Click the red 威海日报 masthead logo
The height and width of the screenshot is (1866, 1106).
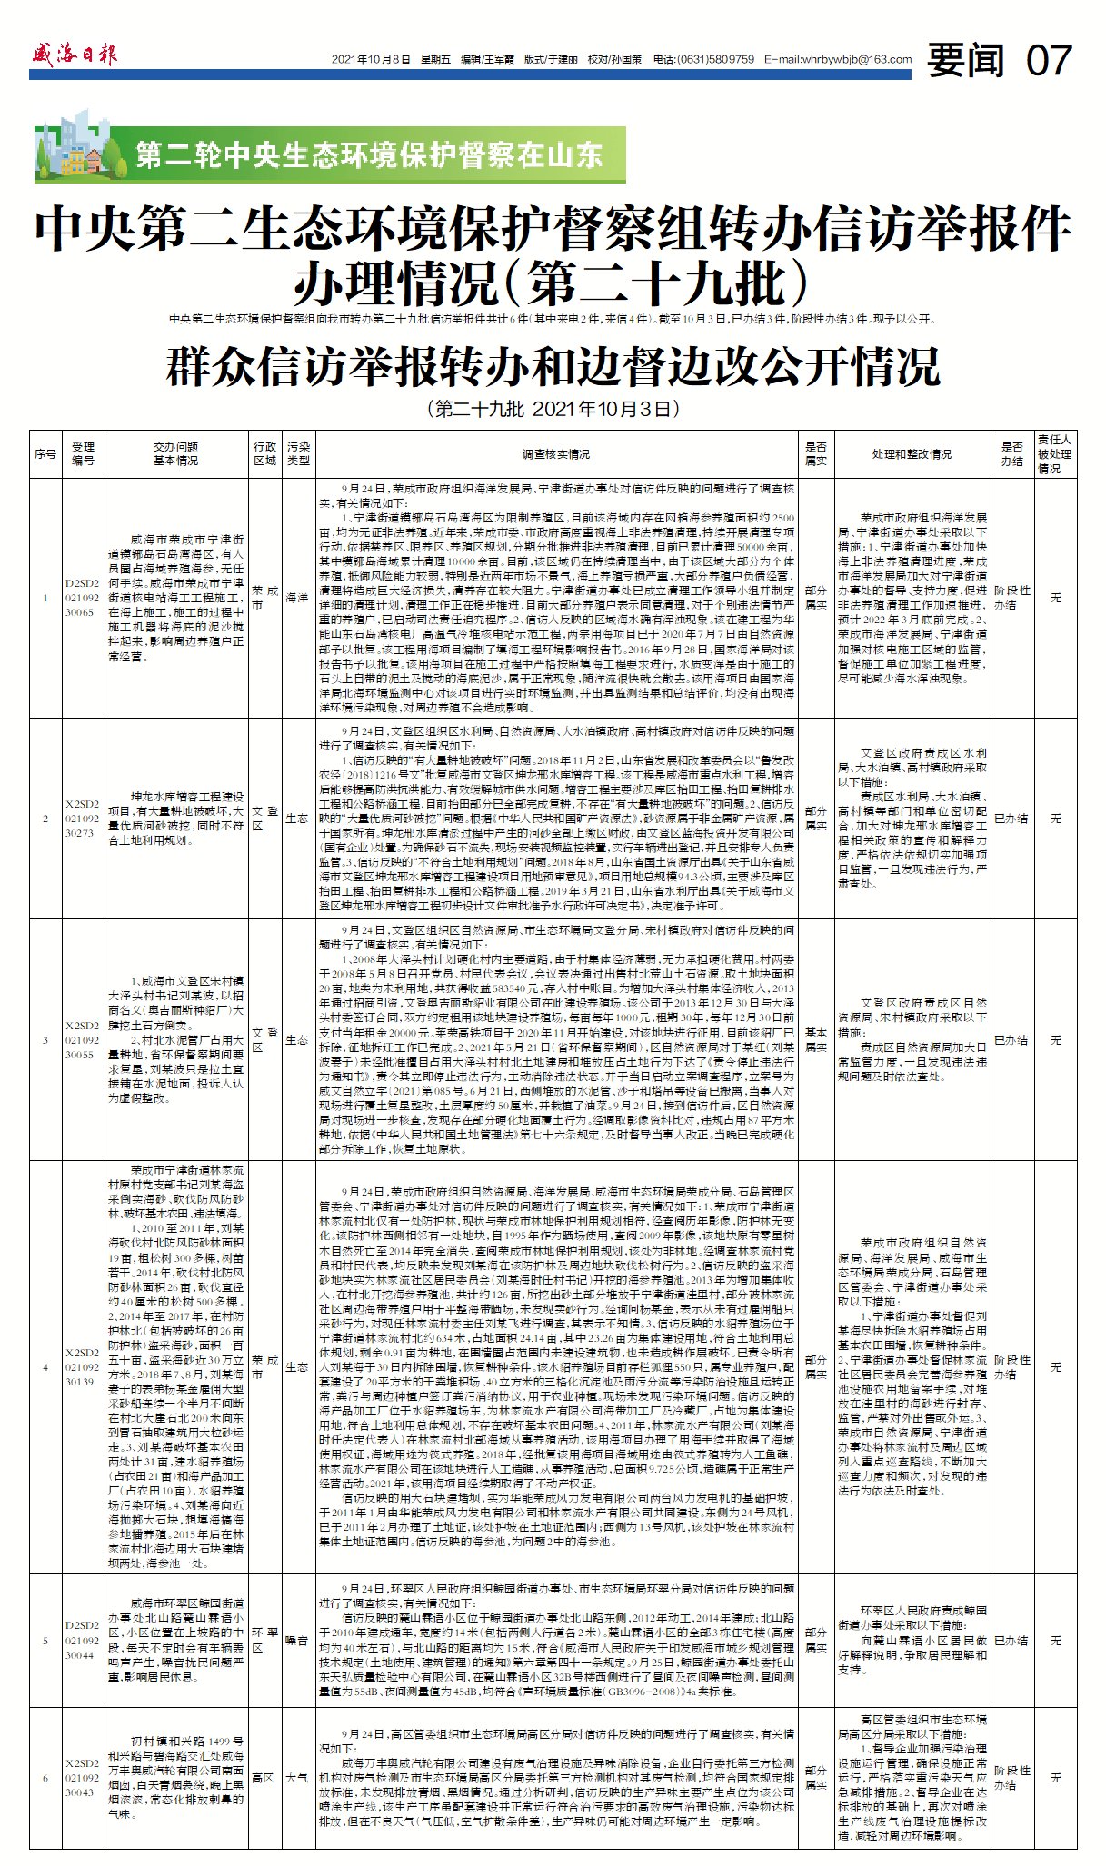point(75,55)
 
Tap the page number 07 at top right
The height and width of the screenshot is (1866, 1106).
point(1049,61)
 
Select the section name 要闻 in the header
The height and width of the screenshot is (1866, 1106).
point(966,61)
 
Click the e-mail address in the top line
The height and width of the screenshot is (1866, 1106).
point(838,59)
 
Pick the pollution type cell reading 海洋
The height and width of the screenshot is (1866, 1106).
point(298,598)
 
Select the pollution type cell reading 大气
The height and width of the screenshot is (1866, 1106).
point(298,1778)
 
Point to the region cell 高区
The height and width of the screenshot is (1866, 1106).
point(264,1778)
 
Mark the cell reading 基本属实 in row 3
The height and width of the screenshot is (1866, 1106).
point(815,1039)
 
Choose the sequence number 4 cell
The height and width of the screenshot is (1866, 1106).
point(45,1367)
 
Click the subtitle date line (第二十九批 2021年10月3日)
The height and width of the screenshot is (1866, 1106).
point(553,409)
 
